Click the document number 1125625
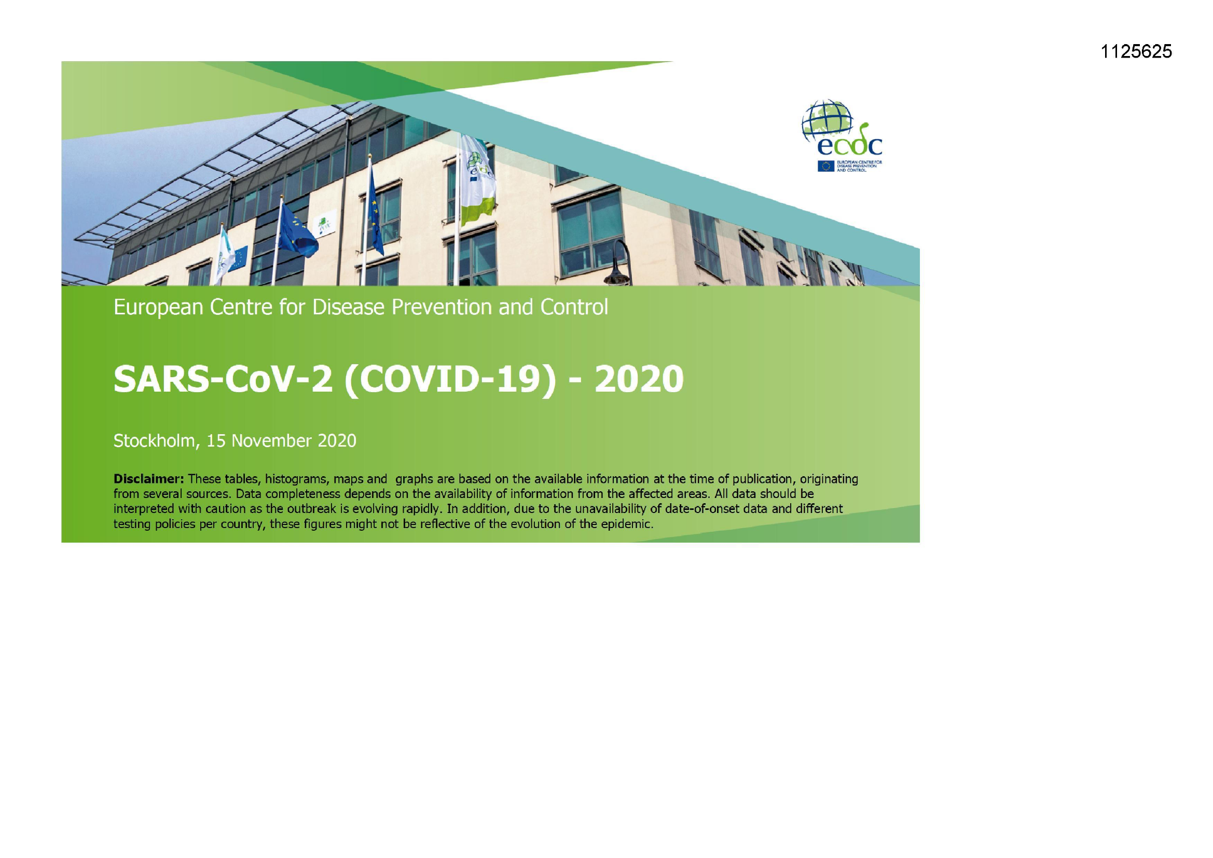[x=1136, y=51]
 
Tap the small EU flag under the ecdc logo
[x=826, y=166]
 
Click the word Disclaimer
[x=148, y=479]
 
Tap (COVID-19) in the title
[x=450, y=379]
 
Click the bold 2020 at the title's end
[x=639, y=379]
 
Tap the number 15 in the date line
[x=215, y=440]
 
